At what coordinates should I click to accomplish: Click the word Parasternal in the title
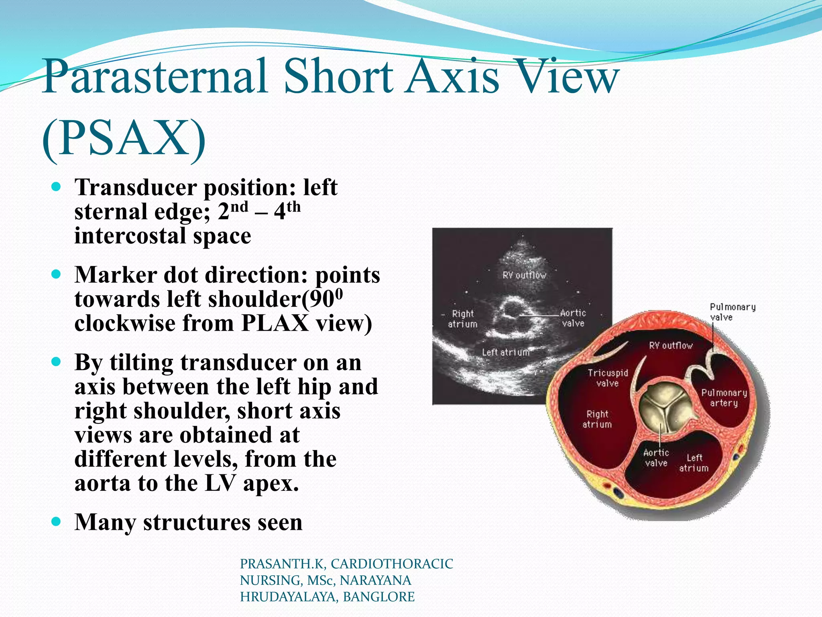click(155, 76)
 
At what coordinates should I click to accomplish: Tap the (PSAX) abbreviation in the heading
click(124, 139)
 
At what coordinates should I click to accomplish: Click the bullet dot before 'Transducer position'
click(57, 187)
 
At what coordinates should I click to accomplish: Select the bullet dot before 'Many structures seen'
click(57, 522)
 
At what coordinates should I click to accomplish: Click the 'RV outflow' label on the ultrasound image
click(524, 275)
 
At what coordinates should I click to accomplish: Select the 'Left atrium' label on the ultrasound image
click(506, 352)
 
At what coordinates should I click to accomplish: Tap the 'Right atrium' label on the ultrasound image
click(463, 319)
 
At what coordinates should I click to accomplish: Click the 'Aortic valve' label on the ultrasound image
click(573, 318)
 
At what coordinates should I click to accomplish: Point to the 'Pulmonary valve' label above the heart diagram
click(732, 312)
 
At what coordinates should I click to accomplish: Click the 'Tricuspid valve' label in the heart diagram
click(608, 378)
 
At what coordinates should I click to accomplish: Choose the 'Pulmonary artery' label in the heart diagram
click(724, 398)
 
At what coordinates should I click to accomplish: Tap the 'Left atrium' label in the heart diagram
click(694, 463)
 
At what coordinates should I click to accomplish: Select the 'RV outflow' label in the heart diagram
click(671, 345)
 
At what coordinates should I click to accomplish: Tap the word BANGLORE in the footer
click(378, 597)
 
